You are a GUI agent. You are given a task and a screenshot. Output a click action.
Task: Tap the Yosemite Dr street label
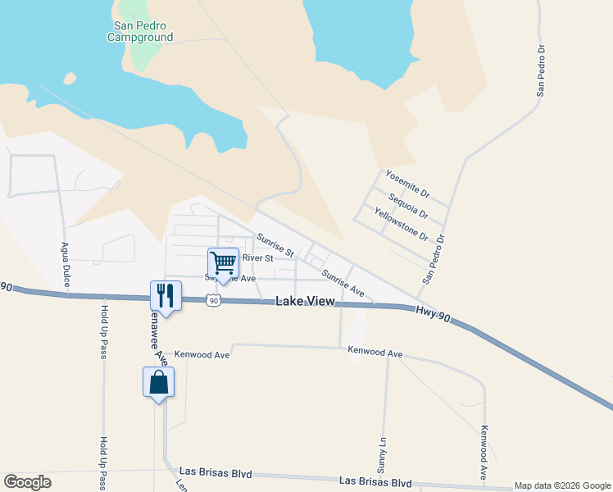(407, 184)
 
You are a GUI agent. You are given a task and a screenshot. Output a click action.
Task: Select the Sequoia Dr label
(408, 204)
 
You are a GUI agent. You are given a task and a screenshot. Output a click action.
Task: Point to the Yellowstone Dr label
(402, 223)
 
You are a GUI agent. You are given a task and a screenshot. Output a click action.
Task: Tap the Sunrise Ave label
(343, 282)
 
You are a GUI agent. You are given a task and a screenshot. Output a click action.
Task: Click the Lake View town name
(305, 302)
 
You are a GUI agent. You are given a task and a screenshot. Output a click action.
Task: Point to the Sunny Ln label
(382, 452)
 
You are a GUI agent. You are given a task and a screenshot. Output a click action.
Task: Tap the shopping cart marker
(223, 263)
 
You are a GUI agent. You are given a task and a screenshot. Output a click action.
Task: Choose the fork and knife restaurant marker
(166, 295)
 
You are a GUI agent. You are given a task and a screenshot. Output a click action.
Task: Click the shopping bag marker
(158, 382)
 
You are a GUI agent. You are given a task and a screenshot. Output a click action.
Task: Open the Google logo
(27, 482)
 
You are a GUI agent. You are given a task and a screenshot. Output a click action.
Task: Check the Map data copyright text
(562, 485)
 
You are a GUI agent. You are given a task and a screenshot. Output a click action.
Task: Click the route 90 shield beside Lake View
(214, 301)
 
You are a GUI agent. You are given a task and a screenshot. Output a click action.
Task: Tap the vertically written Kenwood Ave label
(485, 453)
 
